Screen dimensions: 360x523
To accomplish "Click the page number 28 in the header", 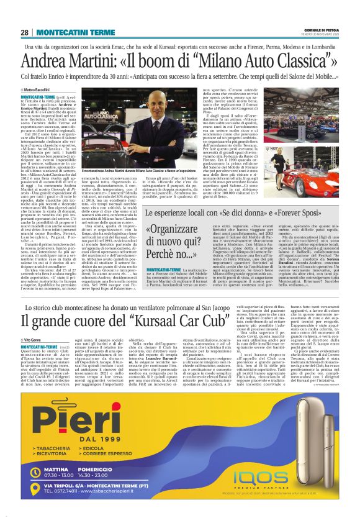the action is tap(24, 32).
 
